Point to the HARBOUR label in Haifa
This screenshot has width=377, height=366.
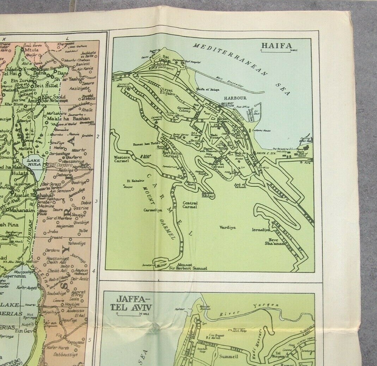coord(234,97)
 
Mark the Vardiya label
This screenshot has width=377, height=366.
coord(227,227)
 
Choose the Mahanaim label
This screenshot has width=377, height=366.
coord(22,210)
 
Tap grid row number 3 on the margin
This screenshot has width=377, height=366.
coord(97,202)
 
